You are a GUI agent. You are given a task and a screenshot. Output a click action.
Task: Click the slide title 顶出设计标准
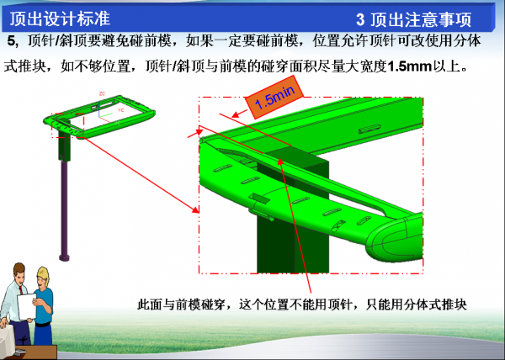click(60, 19)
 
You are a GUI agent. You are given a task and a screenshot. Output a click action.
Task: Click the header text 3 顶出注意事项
click(413, 19)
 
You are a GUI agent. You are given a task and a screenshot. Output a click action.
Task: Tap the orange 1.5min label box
click(274, 97)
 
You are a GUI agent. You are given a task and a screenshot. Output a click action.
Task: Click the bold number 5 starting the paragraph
click(11, 41)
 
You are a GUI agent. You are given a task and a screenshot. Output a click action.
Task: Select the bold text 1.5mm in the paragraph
click(409, 66)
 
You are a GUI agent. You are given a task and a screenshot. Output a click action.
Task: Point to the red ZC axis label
click(102, 93)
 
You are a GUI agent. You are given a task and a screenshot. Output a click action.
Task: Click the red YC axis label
click(120, 110)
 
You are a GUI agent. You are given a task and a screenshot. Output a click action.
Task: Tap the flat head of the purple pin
click(65, 257)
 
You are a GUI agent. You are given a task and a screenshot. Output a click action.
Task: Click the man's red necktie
click(21, 290)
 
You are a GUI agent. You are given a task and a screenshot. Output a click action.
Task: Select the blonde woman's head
click(44, 277)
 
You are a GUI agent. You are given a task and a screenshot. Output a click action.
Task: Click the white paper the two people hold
click(27, 306)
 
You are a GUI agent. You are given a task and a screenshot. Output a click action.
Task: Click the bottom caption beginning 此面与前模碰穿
click(302, 304)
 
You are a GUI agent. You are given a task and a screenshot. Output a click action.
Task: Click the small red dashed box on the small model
click(67, 125)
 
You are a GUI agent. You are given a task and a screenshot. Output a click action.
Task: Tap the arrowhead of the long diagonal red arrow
click(195, 210)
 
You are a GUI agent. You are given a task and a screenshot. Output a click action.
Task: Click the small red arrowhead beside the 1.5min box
click(236, 114)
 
